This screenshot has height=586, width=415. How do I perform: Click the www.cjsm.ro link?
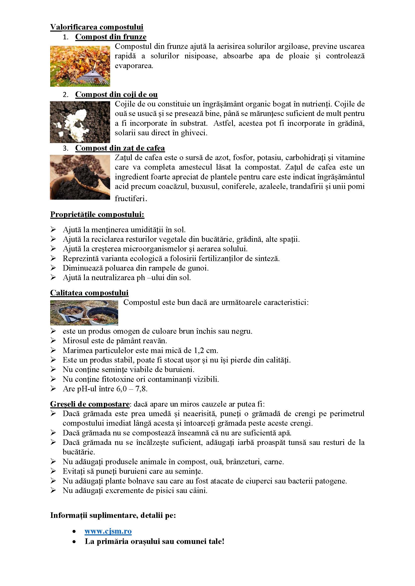[x=108, y=531]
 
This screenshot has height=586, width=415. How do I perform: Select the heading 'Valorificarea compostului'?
[x=97, y=27]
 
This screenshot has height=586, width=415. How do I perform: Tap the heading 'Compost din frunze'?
[x=111, y=37]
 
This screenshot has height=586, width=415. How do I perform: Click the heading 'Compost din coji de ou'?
[x=116, y=94]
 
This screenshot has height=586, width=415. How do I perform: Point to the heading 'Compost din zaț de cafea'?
[x=120, y=148]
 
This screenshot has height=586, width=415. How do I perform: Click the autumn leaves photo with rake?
[x=80, y=66]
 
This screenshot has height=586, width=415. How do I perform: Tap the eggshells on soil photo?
[x=80, y=122]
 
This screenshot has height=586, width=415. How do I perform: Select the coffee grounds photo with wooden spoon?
[x=80, y=177]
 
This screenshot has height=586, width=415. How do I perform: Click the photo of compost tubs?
[x=84, y=313]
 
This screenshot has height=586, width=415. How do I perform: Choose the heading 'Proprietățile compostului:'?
[x=97, y=214]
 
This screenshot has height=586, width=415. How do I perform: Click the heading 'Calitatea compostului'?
[x=89, y=293]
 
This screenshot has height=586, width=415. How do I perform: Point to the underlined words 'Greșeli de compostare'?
[x=90, y=404]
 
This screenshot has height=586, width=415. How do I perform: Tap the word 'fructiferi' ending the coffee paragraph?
[x=129, y=198]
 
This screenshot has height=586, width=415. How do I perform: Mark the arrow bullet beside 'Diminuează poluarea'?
[x=53, y=268]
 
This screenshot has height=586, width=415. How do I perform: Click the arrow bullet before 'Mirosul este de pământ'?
[x=53, y=340]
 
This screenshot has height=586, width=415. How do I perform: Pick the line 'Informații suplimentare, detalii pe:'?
[x=113, y=515]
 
